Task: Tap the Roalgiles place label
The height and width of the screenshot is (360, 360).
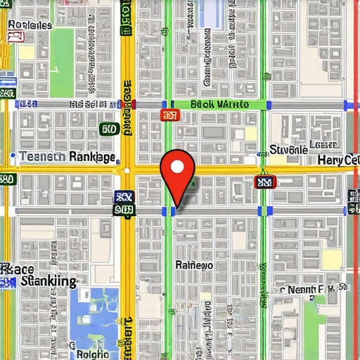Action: [x=30, y=25]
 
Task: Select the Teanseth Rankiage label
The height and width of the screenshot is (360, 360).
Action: [x=67, y=157]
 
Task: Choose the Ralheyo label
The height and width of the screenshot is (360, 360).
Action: [x=193, y=266]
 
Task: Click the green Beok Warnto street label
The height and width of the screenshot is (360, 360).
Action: [x=219, y=105]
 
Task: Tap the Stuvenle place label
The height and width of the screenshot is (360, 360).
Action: [x=288, y=150]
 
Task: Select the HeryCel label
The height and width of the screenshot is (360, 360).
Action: [x=338, y=160]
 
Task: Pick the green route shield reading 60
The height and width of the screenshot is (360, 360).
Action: [x=108, y=129]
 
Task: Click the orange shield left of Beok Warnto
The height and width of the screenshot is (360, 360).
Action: [x=169, y=115]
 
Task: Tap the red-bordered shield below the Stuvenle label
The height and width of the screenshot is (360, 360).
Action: [x=263, y=183]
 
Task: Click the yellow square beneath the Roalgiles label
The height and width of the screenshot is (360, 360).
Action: [x=27, y=53]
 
